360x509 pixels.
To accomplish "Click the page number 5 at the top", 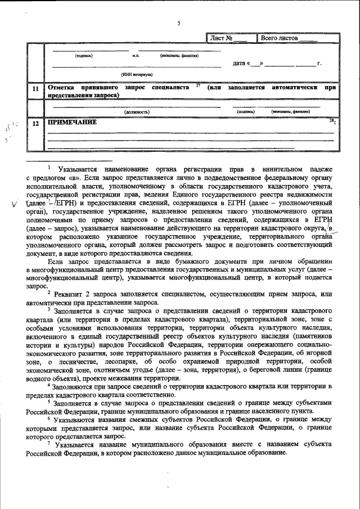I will coord(179,23).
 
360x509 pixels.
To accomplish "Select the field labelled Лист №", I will coord(229,38).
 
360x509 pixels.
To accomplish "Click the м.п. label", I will coord(135,56).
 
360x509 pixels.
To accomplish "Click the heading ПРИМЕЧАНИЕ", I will coord(72,122).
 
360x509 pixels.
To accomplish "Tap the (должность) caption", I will coord(137,112).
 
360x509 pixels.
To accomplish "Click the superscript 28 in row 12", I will coord(331,120).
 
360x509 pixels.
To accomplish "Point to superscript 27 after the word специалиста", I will coord(198,85).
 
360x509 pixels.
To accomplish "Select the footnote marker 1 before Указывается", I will coord(49,167).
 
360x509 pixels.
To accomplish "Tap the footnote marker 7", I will coord(49,443).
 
